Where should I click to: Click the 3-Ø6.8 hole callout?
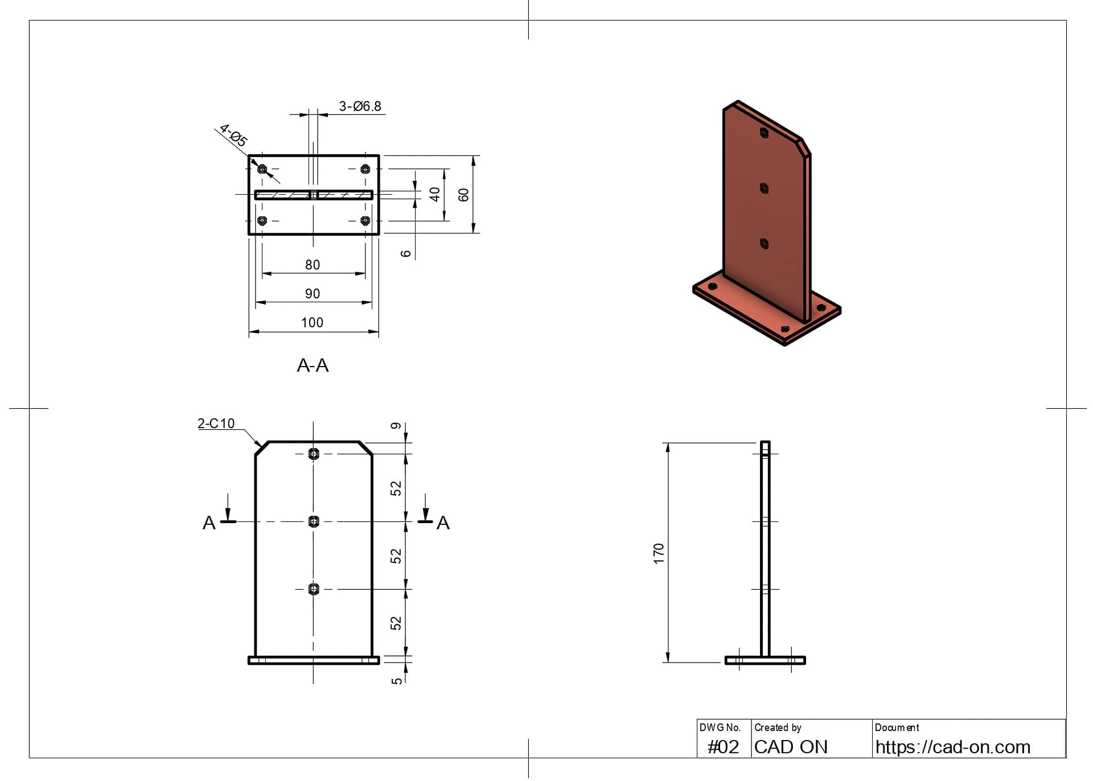[360, 106]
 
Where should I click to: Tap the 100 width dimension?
[312, 323]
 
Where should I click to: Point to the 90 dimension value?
[312, 294]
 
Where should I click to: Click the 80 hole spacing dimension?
[312, 265]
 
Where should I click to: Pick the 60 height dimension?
[463, 195]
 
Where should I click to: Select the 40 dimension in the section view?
[434, 195]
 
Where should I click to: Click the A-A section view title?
[313, 365]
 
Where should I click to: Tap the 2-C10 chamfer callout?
[216, 424]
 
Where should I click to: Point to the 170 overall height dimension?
[659, 553]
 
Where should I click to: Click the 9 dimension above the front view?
[396, 426]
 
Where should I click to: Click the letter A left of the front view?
[209, 523]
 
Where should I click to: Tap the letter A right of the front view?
[443, 523]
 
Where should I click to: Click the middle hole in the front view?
[314, 521]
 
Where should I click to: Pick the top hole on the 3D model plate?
[764, 133]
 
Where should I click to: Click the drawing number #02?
[723, 747]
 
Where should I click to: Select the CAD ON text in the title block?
[791, 747]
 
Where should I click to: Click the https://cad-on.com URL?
[952, 747]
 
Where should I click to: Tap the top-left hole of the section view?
[262, 169]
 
